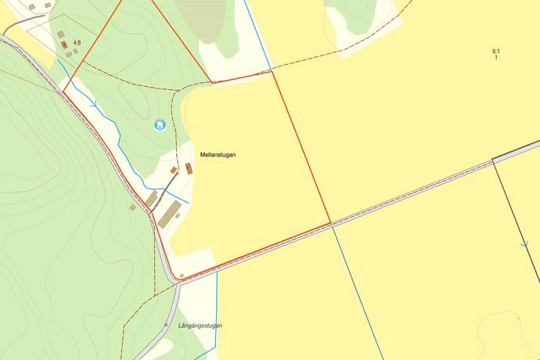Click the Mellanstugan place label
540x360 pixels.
click(218, 155)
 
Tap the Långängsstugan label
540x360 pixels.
click(200, 326)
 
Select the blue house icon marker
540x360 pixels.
click(160, 124)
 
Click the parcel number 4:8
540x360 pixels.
click(77, 43)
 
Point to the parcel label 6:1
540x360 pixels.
click(496, 52)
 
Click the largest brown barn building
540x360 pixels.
click(170, 213)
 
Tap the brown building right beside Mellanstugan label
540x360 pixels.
click(189, 168)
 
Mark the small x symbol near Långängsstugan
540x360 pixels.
click(166, 324)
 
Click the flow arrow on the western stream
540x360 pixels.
click(95, 103)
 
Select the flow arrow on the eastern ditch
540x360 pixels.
click(524, 245)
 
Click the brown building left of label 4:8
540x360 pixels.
click(64, 45)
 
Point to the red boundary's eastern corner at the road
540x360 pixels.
click(330, 222)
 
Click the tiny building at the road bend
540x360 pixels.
click(182, 275)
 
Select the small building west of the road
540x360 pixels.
click(132, 207)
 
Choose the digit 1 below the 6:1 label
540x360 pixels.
click(496, 59)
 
